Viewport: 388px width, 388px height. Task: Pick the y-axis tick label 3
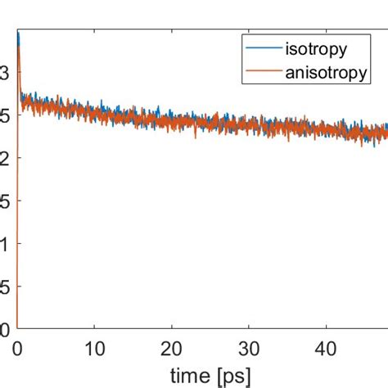pyautogui.click(x=6, y=72)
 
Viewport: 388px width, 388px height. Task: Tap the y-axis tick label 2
pyautogui.click(x=6, y=158)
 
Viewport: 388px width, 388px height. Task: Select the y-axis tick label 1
pyautogui.click(x=6, y=244)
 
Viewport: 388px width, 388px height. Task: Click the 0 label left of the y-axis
pyautogui.click(x=6, y=330)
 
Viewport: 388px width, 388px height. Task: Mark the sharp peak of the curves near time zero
pyautogui.click(x=18, y=37)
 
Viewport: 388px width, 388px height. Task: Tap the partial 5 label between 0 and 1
pyautogui.click(x=6, y=286)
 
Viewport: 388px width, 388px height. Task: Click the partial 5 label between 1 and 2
pyautogui.click(x=6, y=201)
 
